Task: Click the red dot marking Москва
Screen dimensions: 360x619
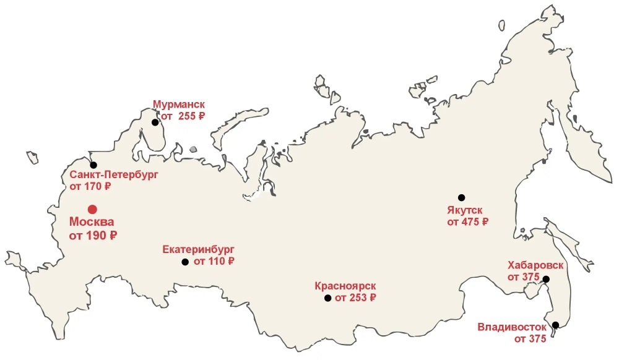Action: click(x=92, y=209)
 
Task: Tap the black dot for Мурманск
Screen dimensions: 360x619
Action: click(x=155, y=122)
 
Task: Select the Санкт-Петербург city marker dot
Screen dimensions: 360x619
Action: click(x=93, y=165)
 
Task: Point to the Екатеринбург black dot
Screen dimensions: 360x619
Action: click(x=185, y=262)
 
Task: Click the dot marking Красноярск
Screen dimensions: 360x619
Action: click(x=327, y=298)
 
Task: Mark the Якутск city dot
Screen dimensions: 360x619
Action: click(x=461, y=197)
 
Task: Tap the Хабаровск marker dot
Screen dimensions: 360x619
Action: click(x=547, y=280)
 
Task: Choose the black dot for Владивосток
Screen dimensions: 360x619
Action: click(x=555, y=325)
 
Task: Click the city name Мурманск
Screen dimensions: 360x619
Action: click(x=178, y=105)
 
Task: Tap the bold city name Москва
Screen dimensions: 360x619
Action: click(x=92, y=222)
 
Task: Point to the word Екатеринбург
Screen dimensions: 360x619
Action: click(x=198, y=250)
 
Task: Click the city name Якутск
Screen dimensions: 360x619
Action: click(x=467, y=210)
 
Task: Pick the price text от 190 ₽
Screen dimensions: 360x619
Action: click(x=93, y=236)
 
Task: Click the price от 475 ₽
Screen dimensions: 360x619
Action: click(x=468, y=221)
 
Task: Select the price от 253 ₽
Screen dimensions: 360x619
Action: click(x=355, y=298)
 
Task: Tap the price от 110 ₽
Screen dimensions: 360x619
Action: click(x=214, y=262)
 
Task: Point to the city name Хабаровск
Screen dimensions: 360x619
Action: click(x=535, y=265)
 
